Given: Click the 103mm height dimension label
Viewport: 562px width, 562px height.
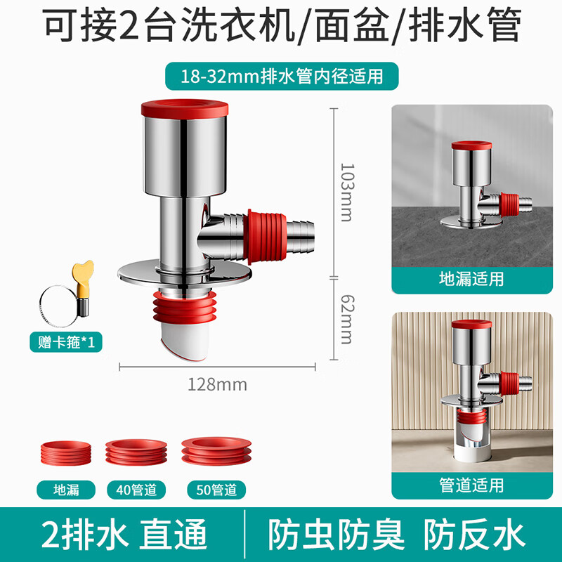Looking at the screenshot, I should click(x=345, y=191).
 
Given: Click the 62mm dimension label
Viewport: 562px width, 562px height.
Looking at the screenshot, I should click(x=345, y=320).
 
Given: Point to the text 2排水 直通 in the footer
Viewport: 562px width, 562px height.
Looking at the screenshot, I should click(x=127, y=535).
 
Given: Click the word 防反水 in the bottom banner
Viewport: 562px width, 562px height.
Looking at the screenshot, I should click(x=476, y=535).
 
